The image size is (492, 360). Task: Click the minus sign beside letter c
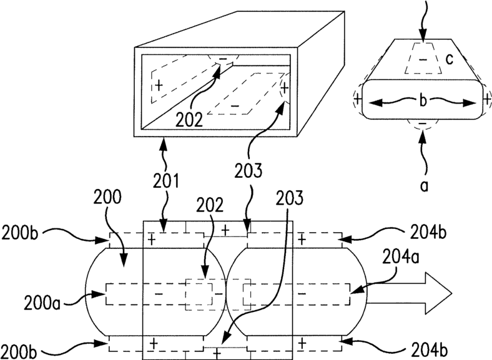point(423,61)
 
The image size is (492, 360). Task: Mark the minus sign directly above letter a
point(423,125)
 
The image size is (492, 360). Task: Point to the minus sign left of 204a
point(302,293)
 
